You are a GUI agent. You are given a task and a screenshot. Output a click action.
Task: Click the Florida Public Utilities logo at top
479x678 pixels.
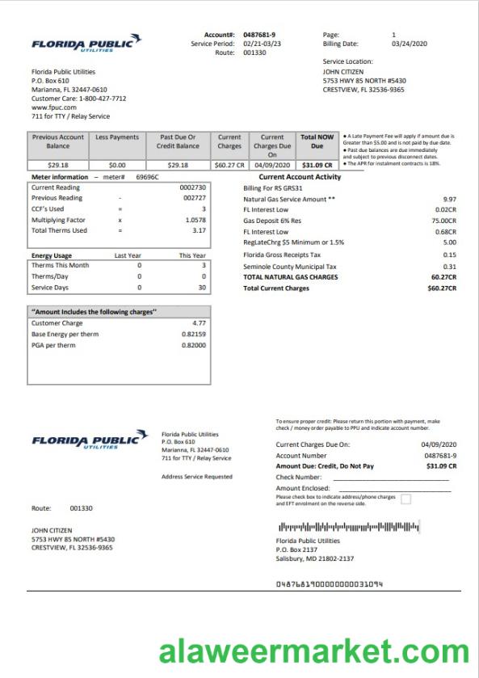[x=86, y=44]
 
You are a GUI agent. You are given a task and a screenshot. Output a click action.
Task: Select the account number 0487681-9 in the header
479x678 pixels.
[x=259, y=35]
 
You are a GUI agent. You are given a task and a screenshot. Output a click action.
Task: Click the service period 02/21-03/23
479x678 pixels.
[x=263, y=44]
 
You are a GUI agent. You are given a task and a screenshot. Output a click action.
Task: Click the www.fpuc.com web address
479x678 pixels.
[x=54, y=107]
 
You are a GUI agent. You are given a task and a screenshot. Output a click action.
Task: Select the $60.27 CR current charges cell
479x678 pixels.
[x=229, y=165]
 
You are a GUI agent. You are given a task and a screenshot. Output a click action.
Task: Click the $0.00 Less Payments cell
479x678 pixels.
[x=117, y=165]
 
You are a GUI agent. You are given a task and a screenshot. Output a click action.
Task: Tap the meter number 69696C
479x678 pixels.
[x=147, y=176]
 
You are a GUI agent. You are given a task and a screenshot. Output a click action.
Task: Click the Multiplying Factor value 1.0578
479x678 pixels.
[x=195, y=220]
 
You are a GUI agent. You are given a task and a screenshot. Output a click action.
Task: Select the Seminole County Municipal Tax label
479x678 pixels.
[x=290, y=266]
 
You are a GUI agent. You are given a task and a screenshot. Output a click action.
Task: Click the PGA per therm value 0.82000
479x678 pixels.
[x=194, y=345]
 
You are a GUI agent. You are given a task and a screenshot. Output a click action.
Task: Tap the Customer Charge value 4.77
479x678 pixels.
[x=199, y=323]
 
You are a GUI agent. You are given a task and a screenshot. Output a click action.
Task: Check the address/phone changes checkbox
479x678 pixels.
[x=405, y=499]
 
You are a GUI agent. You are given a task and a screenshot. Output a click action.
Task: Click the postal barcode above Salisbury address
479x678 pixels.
[x=330, y=528]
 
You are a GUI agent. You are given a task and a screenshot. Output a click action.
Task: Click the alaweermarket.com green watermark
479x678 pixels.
[x=313, y=651]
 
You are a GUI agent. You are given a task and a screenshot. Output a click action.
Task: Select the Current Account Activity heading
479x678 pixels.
[x=300, y=177]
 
